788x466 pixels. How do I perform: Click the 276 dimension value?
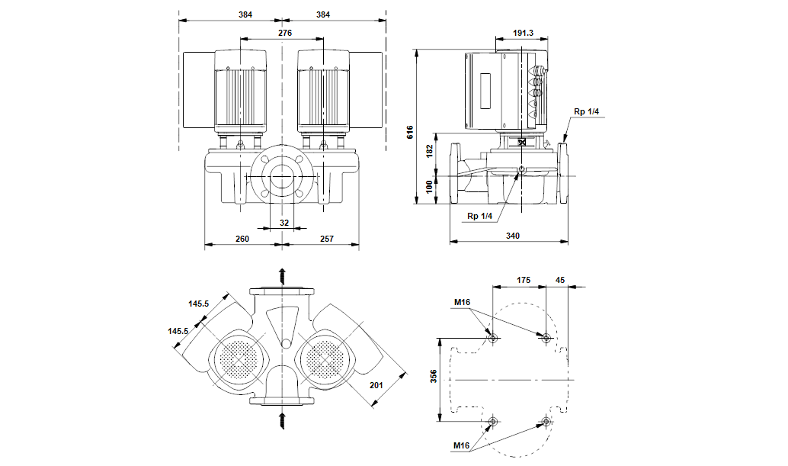coord(284,34)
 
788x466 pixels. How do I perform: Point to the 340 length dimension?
coord(512,236)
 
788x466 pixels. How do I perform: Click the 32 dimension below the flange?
coord(284,223)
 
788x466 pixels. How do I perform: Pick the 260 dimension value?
coord(242,239)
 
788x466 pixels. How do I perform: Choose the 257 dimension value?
coord(325,239)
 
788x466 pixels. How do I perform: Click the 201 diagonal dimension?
coord(375,385)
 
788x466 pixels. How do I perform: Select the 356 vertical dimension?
coord(432,378)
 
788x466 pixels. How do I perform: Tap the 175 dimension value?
coord(523,281)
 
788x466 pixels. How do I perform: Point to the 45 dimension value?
coord(560,281)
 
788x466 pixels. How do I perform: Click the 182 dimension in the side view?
coord(429,151)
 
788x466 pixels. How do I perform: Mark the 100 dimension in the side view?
coord(429,185)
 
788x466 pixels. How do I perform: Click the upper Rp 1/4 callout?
coord(587,112)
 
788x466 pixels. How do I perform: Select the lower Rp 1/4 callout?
coord(481,216)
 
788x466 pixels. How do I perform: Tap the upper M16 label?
coord(462,303)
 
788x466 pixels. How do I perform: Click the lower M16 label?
coord(462,445)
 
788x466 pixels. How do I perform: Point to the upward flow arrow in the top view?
coord(282,275)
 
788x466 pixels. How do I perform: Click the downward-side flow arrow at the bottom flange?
coord(282,417)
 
